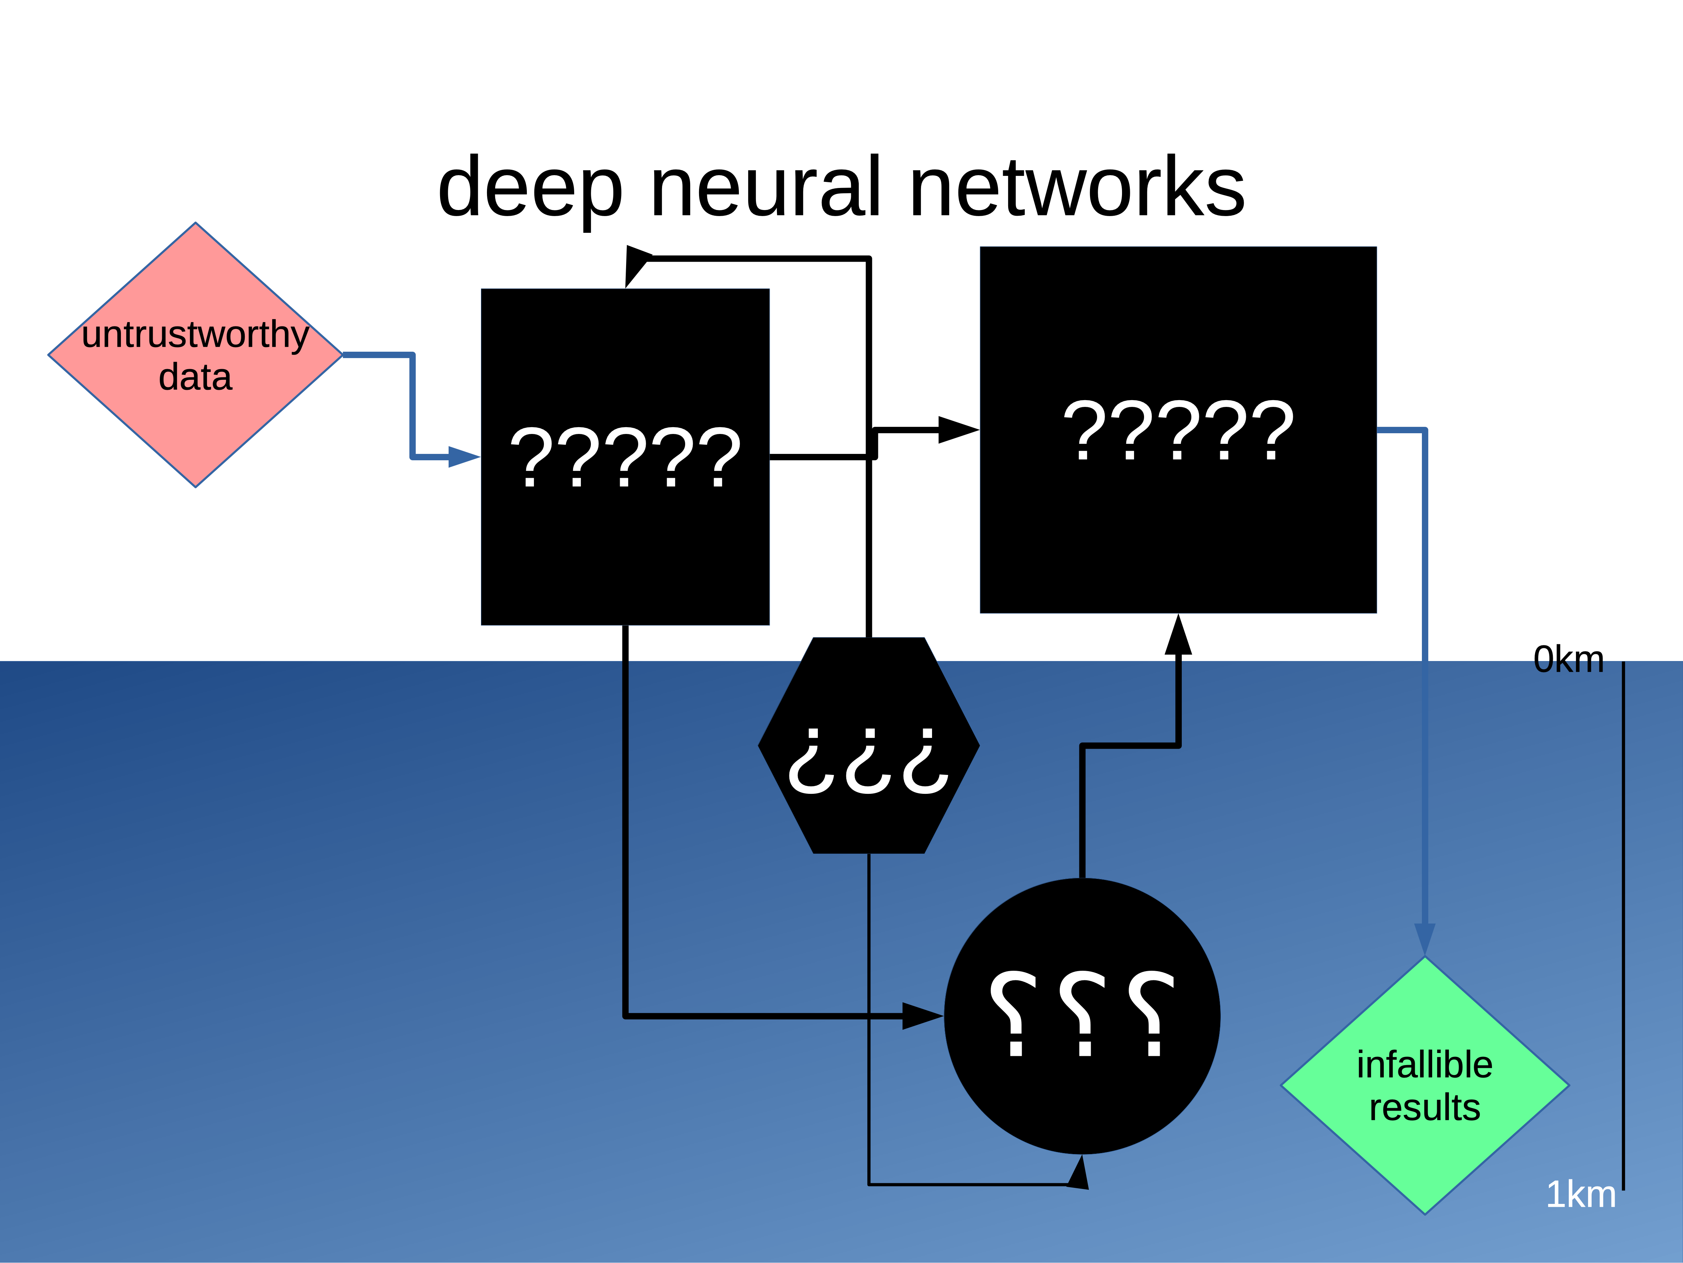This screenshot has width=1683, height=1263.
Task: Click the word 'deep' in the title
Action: click(530, 187)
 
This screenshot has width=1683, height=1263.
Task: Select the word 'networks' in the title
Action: click(1076, 187)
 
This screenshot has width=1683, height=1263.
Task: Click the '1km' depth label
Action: click(1580, 1194)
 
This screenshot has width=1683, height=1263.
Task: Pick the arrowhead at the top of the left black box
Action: click(636, 265)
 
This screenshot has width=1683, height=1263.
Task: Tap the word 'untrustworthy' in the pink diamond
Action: click(196, 335)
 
